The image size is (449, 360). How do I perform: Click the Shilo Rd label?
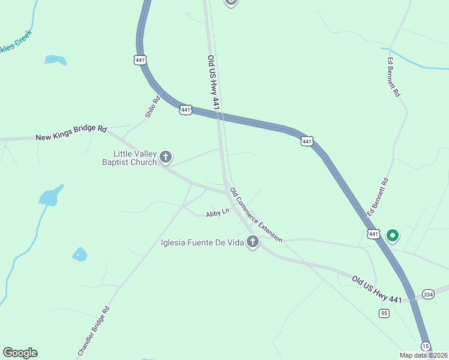coord(152,107)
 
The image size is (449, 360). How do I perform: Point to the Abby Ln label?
coord(217,213)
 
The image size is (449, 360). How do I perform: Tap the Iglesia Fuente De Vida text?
coord(203,243)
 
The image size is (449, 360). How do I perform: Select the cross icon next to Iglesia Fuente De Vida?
coord(253,242)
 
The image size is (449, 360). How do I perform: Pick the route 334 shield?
coord(428,295)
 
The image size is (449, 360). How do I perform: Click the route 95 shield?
coord(384,313)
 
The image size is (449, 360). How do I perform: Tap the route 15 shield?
coord(426,346)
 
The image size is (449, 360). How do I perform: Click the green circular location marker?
coord(393,235)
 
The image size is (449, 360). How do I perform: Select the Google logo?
coord(20,353)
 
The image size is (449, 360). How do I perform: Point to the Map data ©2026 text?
coord(423,355)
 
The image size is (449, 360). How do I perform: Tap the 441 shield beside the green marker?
coord(373,233)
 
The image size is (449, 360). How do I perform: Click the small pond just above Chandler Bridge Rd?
coord(79,254)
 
